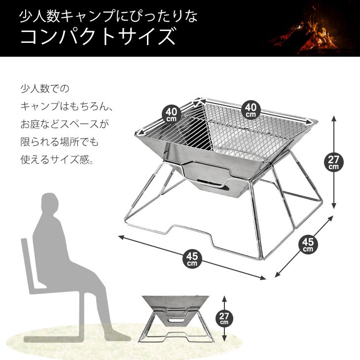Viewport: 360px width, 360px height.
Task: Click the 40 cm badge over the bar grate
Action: pos(172,115)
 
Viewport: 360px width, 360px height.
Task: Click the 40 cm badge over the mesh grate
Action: pos(251,110)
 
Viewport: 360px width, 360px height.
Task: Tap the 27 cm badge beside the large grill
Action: pos(333,162)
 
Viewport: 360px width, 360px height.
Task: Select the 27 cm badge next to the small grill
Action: pos(224,319)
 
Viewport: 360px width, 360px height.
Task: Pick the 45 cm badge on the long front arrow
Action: pos(192,259)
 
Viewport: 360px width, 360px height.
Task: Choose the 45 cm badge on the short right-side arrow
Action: pos(308,245)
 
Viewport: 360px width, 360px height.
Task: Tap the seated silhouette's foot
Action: pos(117,337)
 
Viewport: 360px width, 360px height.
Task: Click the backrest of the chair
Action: pos(29,264)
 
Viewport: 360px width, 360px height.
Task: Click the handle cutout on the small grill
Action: pos(176,320)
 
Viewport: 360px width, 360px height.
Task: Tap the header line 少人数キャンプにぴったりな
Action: pos(108,17)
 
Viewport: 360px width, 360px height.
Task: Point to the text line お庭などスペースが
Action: pos(65,124)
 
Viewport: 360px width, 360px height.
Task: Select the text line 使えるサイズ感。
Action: pos(57,159)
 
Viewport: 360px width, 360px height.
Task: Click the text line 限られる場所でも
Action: pos(60,142)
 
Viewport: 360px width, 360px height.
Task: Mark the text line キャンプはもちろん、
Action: pos(67,106)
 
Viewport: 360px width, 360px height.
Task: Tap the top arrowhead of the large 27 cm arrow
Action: pos(333,118)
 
